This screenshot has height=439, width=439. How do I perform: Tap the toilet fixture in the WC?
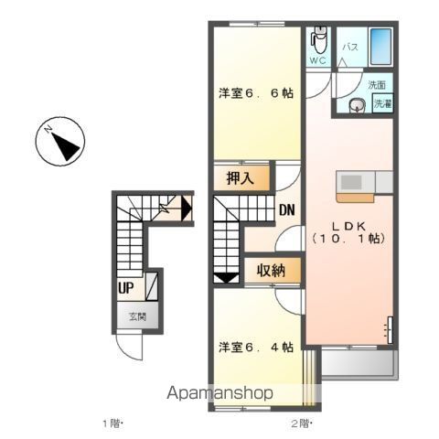[x=319, y=40]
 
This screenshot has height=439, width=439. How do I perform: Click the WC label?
[x=317, y=60]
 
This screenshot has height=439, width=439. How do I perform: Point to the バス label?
[x=349, y=45]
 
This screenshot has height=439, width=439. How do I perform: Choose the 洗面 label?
[x=377, y=85]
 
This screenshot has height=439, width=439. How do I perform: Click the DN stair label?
[x=287, y=209]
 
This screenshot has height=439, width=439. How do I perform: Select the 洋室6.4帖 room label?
[x=255, y=347]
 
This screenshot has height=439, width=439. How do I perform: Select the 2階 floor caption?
[x=301, y=423]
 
